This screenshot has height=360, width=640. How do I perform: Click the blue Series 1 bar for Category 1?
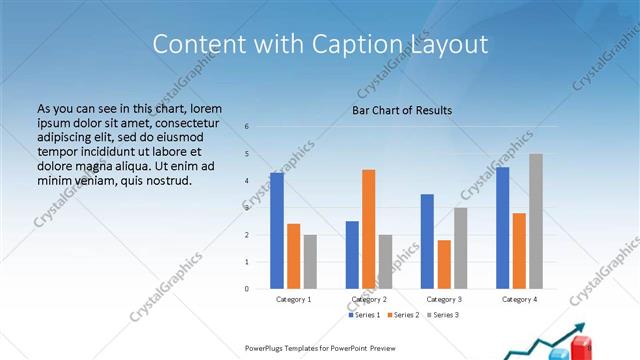click(x=277, y=231)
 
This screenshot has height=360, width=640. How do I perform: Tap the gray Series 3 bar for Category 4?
click(x=536, y=221)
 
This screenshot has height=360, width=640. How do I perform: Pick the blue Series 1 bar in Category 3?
click(x=427, y=241)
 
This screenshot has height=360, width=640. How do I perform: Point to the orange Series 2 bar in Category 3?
click(x=444, y=264)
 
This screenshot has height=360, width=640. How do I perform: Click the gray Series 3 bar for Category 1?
click(x=310, y=262)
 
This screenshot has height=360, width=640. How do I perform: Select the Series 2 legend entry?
click(x=404, y=315)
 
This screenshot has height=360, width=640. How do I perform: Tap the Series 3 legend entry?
click(x=442, y=315)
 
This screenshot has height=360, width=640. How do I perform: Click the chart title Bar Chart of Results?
click(x=402, y=110)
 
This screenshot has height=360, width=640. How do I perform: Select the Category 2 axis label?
click(x=369, y=299)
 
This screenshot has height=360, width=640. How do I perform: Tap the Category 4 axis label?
click(x=520, y=299)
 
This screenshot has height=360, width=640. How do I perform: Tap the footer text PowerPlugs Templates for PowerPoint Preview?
click(x=320, y=347)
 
